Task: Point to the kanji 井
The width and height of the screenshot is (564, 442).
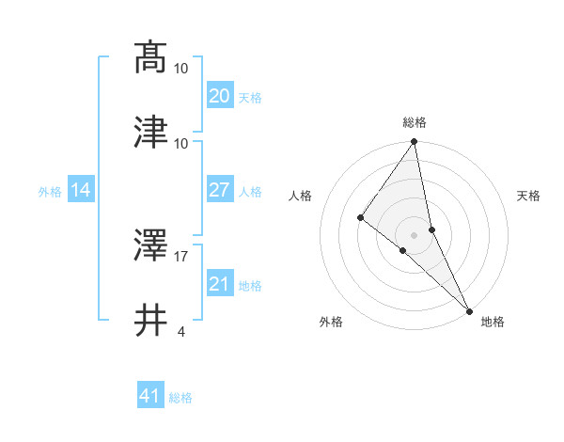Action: (150, 319)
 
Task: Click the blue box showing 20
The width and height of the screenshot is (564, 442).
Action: (219, 96)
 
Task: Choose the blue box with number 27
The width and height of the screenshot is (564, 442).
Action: (219, 190)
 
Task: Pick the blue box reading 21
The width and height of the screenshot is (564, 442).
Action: (219, 284)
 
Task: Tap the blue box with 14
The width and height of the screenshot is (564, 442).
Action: (81, 190)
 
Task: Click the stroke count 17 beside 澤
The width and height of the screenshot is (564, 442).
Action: (181, 255)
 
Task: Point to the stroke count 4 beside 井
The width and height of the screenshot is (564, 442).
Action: (180, 331)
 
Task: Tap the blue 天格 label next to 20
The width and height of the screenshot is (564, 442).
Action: (250, 98)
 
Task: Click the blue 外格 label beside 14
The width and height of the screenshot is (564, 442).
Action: (50, 192)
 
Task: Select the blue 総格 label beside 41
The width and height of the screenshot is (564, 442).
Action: (180, 398)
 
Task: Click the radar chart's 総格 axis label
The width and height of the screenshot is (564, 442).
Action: (415, 122)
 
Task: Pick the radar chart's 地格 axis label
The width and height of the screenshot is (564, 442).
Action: (493, 322)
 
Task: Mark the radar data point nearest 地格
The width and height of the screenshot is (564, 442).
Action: (469, 309)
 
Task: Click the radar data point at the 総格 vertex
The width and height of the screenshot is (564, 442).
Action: (415, 143)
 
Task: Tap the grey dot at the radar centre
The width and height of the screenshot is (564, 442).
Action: (415, 234)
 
